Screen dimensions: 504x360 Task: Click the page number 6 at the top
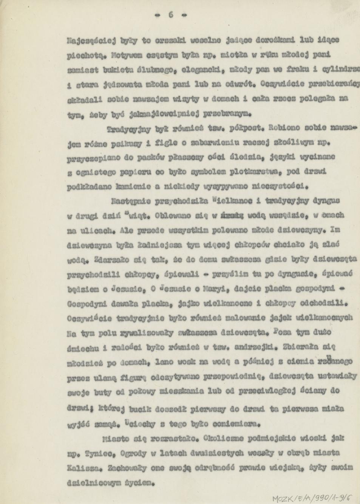click(171, 15)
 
